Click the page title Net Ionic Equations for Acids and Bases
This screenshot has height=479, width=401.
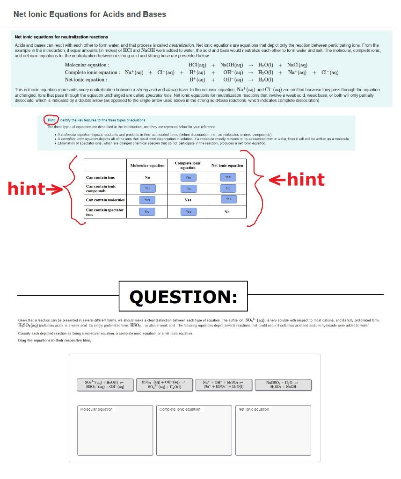pyautogui.click(x=89, y=15)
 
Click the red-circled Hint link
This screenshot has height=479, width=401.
pyautogui.click(x=51, y=120)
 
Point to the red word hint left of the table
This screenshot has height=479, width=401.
pyautogui.click(x=27, y=189)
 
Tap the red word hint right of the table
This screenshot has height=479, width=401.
pyautogui.click(x=306, y=179)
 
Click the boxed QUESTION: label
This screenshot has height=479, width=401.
pyautogui.click(x=183, y=297)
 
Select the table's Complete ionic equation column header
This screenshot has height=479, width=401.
pyautogui.click(x=188, y=165)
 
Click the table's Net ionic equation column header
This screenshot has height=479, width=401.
pyautogui.click(x=227, y=166)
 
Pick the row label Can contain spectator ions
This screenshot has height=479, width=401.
pyautogui.click(x=105, y=212)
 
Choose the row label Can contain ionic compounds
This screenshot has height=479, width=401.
pyautogui.click(x=101, y=189)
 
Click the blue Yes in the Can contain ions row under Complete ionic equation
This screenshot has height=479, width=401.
pyautogui.click(x=188, y=178)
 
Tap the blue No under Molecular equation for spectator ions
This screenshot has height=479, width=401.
pyautogui.click(x=147, y=211)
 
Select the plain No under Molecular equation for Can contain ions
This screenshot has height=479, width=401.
pyautogui.click(x=147, y=178)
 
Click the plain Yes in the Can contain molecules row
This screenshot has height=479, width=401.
pyautogui.click(x=188, y=200)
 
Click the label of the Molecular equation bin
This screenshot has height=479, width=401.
pyautogui.click(x=96, y=409)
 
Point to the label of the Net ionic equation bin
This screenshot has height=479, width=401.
pyautogui.click(x=254, y=409)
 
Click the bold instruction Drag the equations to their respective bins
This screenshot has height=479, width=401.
pyautogui.click(x=51, y=340)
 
